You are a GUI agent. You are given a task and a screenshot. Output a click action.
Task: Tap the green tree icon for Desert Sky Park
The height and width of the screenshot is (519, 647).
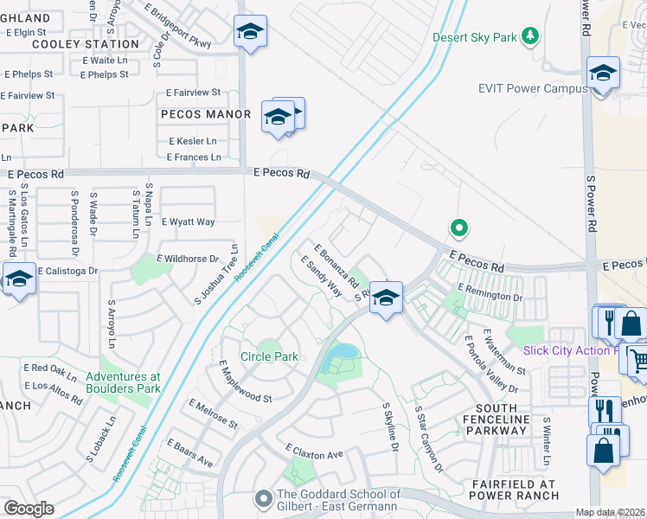click(532, 36)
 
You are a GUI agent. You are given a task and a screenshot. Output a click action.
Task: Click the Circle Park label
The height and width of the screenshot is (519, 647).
click(268, 356)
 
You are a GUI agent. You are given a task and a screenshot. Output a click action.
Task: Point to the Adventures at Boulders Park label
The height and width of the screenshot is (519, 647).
click(123, 382)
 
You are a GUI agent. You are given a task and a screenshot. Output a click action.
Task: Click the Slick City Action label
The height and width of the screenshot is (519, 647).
click(571, 350)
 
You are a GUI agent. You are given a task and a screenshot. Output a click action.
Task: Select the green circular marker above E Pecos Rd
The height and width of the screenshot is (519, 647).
click(459, 228)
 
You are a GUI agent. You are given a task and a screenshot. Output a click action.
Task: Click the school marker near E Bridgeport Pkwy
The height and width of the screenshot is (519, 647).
click(250, 32)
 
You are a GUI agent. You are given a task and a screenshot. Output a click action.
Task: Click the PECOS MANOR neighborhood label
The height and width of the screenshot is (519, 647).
click(205, 114)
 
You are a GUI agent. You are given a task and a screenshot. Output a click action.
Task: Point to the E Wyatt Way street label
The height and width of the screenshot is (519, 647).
click(188, 222)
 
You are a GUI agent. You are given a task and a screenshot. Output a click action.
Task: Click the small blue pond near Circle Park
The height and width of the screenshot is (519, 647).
click(344, 353)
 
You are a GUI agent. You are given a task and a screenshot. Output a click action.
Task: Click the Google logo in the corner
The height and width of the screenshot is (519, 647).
click(29, 509)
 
